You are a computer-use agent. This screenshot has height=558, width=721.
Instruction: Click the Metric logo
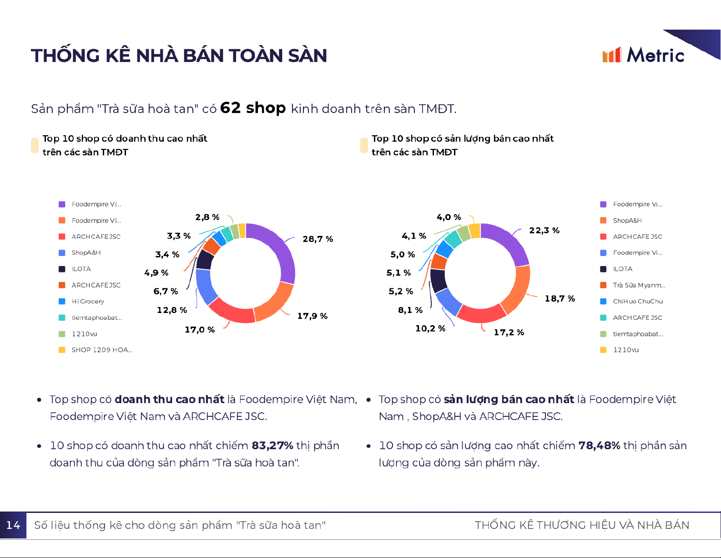pyautogui.click(x=643, y=55)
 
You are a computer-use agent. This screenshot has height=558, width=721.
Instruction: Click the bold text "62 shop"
pyautogui.click(x=253, y=108)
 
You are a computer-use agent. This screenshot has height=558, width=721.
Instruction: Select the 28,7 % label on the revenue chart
pyautogui.click(x=318, y=239)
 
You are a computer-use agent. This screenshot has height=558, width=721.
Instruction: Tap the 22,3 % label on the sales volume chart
pyautogui.click(x=544, y=230)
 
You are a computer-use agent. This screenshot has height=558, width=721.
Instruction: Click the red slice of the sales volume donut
pyautogui.click(x=481, y=313)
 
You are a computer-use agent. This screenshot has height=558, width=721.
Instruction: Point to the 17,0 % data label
pyautogui.click(x=199, y=329)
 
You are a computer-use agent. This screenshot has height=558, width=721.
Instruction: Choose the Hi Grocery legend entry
pyautogui.click(x=88, y=302)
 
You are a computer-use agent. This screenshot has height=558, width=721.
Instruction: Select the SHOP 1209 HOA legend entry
pyautogui.click(x=101, y=350)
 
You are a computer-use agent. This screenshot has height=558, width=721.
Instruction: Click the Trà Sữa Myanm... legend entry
pyautogui.click(x=638, y=285)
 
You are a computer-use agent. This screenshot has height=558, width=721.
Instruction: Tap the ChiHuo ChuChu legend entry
pyautogui.click(x=637, y=302)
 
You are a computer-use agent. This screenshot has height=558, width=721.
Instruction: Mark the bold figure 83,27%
pyautogui.click(x=272, y=445)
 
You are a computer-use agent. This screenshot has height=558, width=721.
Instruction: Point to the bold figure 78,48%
pyautogui.click(x=599, y=445)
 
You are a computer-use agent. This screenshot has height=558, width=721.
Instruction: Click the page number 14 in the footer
pyautogui.click(x=13, y=525)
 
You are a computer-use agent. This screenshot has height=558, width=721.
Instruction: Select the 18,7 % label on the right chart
pyautogui.click(x=560, y=298)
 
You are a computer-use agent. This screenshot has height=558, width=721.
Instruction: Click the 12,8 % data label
pyautogui.click(x=171, y=310)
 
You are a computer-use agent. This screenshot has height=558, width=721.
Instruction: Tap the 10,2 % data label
pyautogui.click(x=430, y=328)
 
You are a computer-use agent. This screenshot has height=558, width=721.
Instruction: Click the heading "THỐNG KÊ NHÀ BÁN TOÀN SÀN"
pyautogui.click(x=179, y=56)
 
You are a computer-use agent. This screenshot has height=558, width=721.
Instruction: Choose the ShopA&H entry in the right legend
pyautogui.click(x=627, y=220)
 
